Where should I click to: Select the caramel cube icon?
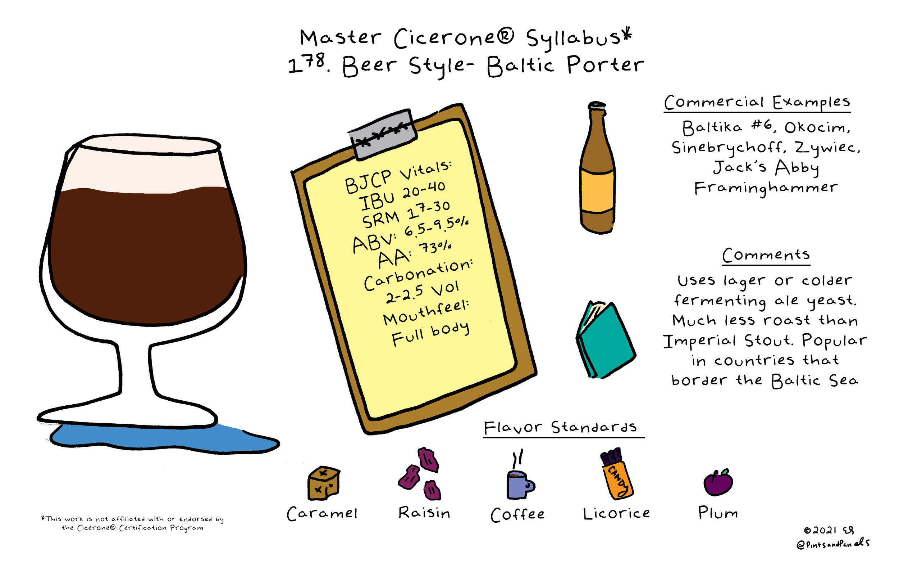(324, 483)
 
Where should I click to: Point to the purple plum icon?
(718, 482)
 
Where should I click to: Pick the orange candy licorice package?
(617, 474)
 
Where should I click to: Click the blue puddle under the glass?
(164, 438)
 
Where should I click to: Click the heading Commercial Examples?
(757, 102)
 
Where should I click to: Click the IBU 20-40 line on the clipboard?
(402, 196)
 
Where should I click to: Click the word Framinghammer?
(766, 188)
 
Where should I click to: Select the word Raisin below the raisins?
(424, 513)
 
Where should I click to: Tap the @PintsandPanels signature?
(833, 544)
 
